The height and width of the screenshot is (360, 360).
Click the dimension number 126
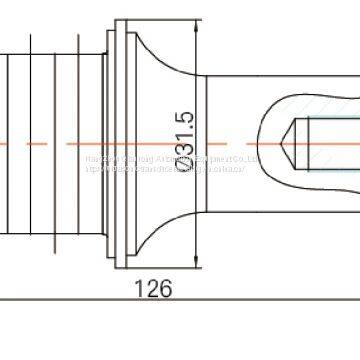tap(153, 289)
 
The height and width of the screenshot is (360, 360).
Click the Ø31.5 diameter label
tap(182, 142)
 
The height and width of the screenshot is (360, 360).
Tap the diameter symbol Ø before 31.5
tap(182, 175)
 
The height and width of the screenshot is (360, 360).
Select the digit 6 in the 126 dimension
tap(166, 289)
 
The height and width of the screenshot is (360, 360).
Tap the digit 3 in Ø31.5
tap(182, 158)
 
